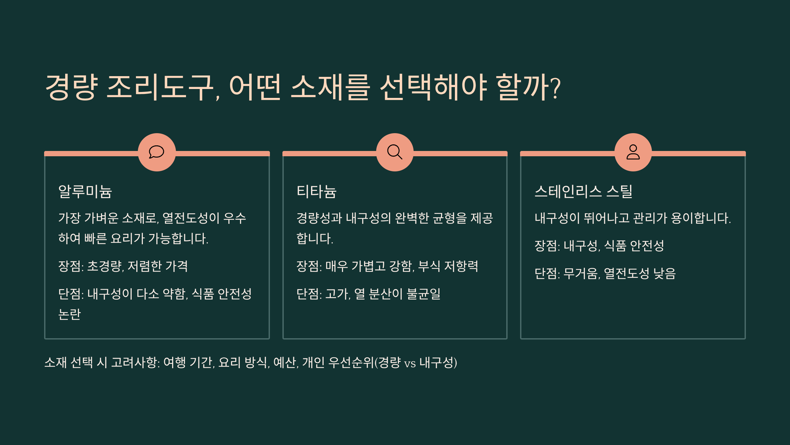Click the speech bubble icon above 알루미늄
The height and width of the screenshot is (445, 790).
[157, 152]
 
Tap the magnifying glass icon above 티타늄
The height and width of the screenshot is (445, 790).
[395, 152]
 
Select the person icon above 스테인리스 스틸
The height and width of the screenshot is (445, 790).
[633, 152]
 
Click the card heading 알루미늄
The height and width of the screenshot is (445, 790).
[85, 192]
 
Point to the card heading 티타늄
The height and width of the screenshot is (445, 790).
[316, 192]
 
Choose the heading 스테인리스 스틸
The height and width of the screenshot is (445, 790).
[583, 192]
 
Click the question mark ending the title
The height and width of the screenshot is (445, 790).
[555, 88]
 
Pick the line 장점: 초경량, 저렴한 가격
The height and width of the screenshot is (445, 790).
[123, 266]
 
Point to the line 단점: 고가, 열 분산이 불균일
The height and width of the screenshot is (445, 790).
[368, 294]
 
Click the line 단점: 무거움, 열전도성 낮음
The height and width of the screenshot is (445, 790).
[605, 273]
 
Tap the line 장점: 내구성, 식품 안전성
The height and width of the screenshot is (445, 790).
[599, 246]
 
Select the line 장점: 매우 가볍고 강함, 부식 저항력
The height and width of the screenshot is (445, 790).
[387, 266]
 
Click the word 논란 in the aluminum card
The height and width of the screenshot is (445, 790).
[69, 314]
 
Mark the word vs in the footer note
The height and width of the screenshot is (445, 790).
[410, 363]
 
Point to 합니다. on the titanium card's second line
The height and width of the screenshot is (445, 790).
[315, 238]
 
